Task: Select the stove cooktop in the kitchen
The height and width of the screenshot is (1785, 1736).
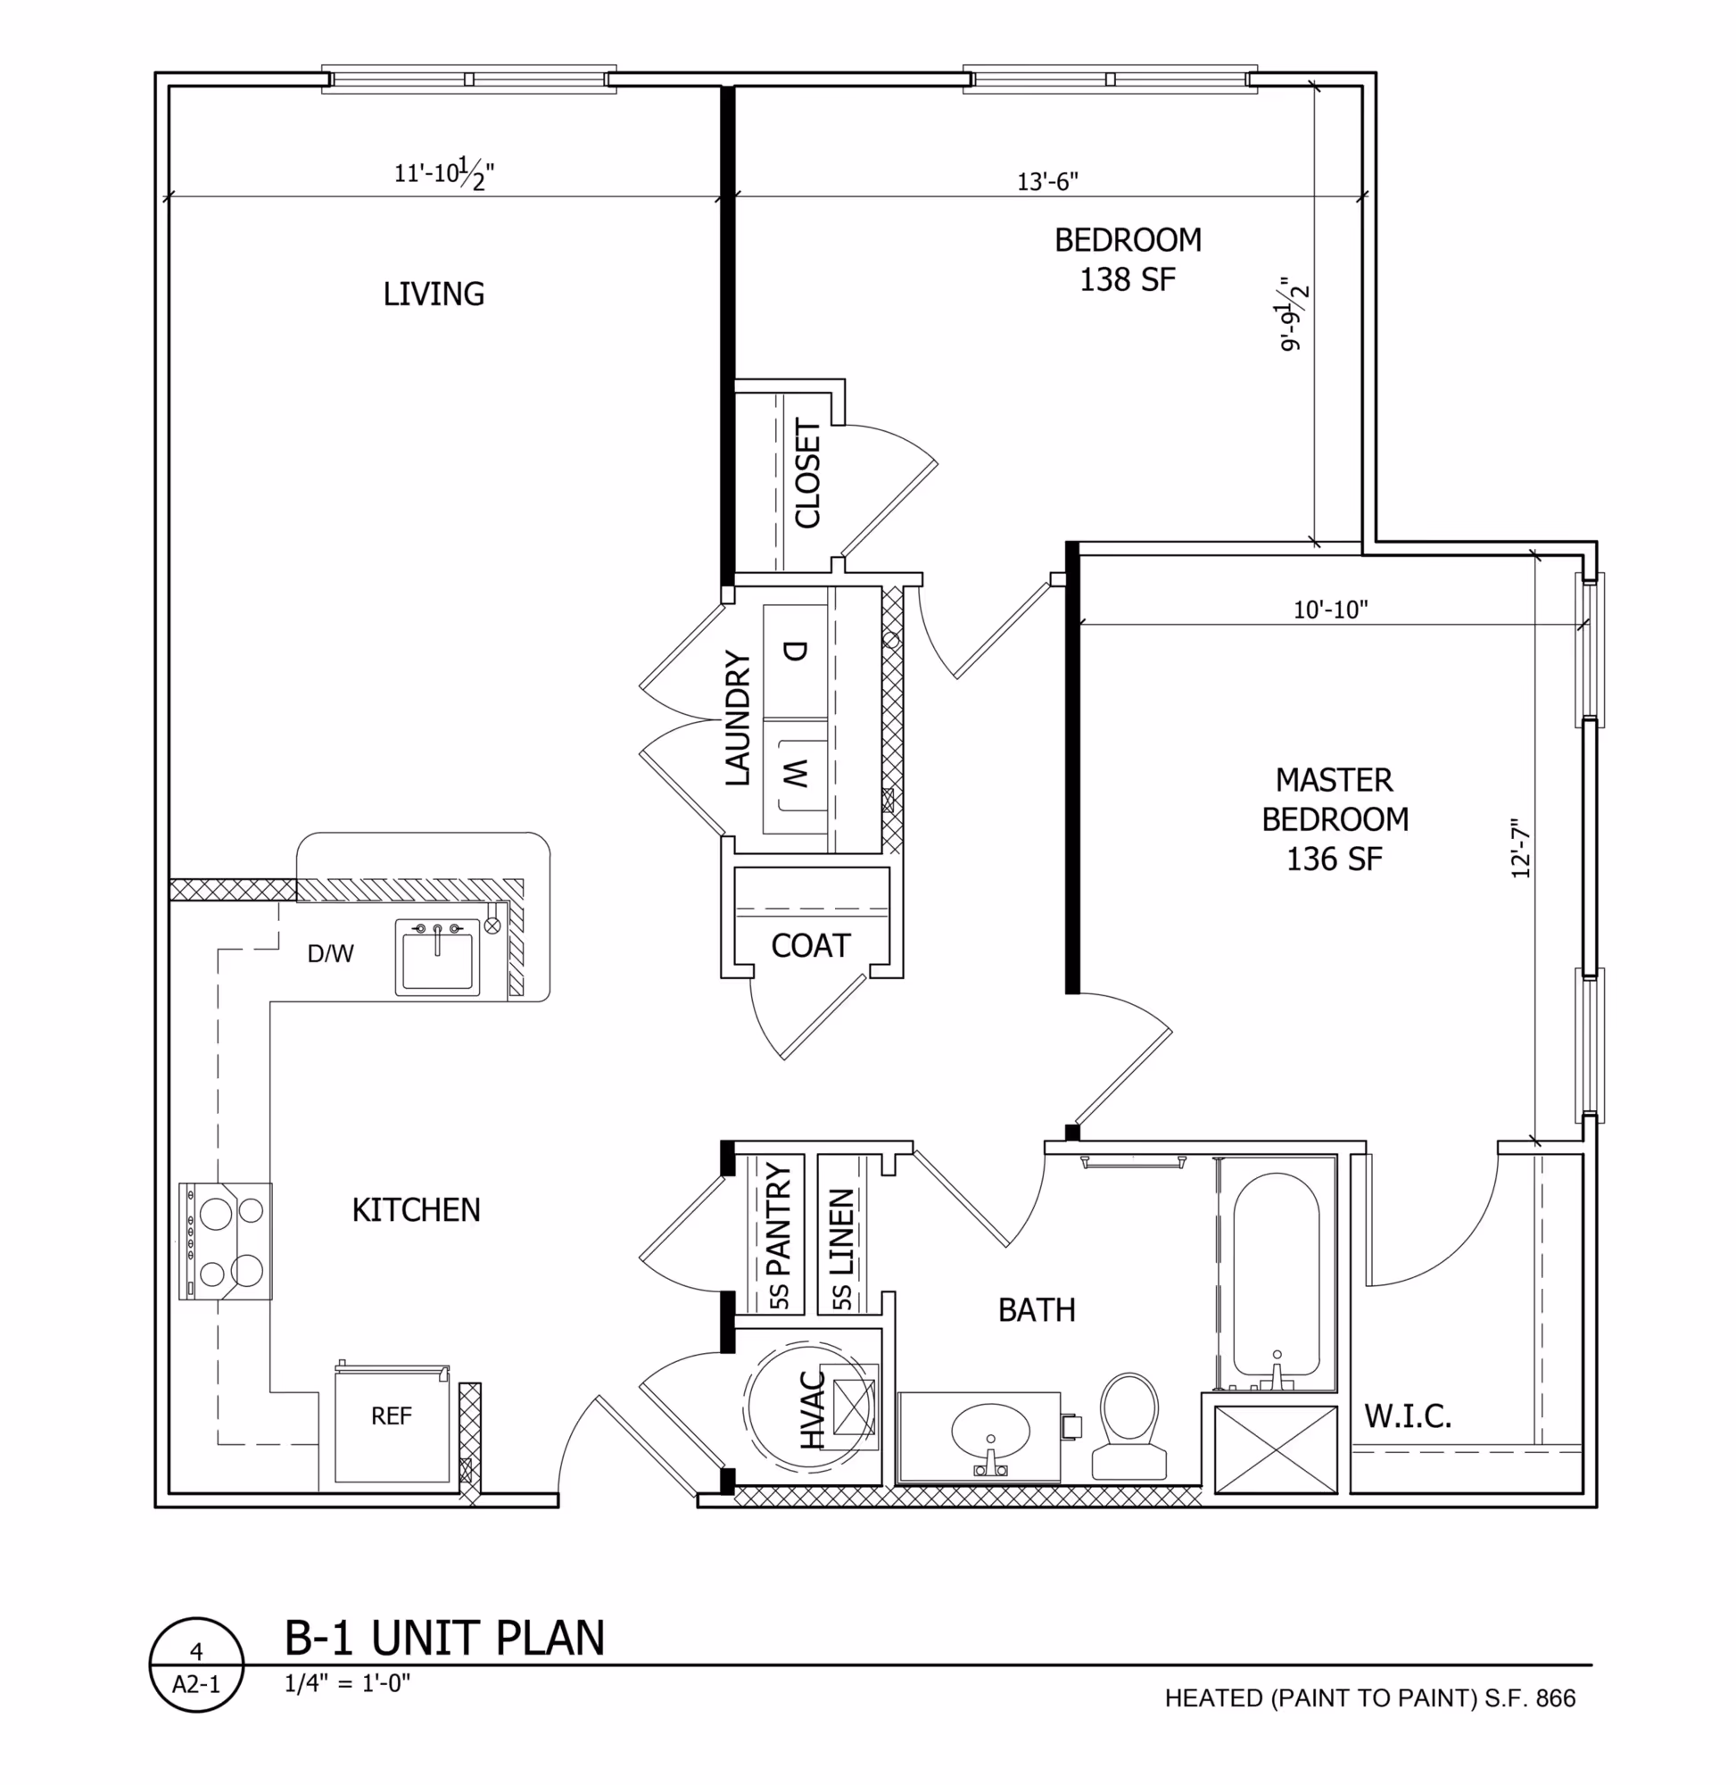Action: pyautogui.click(x=227, y=1241)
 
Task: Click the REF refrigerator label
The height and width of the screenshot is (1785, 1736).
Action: pyautogui.click(x=391, y=1416)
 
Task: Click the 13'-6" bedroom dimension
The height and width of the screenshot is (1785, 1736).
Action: pyautogui.click(x=1047, y=181)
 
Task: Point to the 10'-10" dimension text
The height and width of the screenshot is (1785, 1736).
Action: pyautogui.click(x=1330, y=610)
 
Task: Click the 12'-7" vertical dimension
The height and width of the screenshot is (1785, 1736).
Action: pyautogui.click(x=1520, y=848)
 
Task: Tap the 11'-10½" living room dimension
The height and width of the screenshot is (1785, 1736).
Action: pyautogui.click(x=444, y=172)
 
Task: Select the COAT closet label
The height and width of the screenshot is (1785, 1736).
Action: pyautogui.click(x=811, y=946)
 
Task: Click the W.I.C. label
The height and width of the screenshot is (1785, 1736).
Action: pyautogui.click(x=1407, y=1416)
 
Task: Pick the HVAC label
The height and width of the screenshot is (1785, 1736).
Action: pyautogui.click(x=812, y=1410)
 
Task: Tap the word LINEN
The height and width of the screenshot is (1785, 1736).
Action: pyautogui.click(x=840, y=1232)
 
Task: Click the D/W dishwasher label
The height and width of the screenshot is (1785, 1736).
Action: pyautogui.click(x=330, y=954)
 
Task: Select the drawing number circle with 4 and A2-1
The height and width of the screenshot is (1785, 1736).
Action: pyautogui.click(x=196, y=1665)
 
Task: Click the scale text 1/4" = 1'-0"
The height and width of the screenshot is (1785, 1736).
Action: pyautogui.click(x=347, y=1683)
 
